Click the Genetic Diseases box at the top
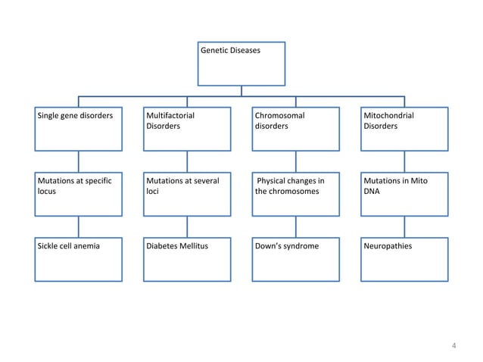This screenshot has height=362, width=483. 241,63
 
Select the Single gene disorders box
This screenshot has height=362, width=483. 79,129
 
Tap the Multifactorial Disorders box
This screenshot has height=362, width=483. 187,129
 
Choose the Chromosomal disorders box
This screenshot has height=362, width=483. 296,129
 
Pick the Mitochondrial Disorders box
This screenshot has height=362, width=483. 404,129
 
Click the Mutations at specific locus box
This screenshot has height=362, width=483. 79,194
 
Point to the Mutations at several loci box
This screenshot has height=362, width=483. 187,194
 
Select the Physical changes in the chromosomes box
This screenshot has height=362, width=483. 296,194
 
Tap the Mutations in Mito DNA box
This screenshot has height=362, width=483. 404,194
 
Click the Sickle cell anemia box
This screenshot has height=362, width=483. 79,259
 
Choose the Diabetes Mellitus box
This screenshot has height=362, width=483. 187,259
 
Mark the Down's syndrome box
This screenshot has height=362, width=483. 296,259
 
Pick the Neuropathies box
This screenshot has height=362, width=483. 404,259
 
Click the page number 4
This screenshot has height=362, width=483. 453,347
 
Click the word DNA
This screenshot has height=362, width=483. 372,192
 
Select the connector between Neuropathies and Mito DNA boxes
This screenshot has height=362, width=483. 404,226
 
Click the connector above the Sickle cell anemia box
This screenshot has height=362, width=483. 79,226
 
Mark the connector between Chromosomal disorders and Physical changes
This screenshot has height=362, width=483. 296,161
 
